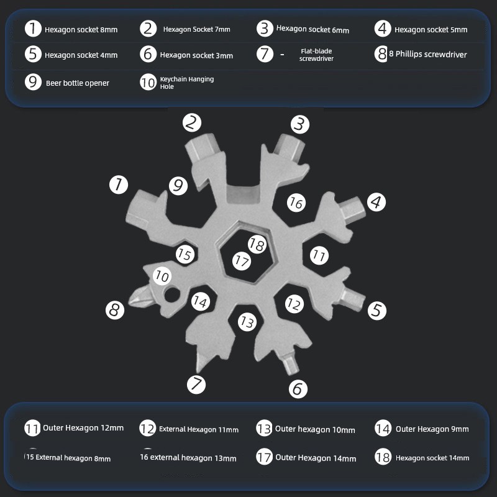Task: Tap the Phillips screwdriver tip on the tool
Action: (x=139, y=297)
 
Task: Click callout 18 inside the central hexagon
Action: (x=257, y=244)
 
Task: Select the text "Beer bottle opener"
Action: (x=77, y=83)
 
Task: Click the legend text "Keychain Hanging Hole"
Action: (x=187, y=83)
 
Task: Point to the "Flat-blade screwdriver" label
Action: (x=316, y=55)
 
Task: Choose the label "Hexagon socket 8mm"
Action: (x=81, y=29)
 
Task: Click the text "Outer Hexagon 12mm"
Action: (x=83, y=428)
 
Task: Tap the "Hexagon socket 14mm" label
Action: (x=432, y=458)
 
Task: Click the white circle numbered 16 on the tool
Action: (x=296, y=203)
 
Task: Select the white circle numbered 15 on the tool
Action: (x=185, y=254)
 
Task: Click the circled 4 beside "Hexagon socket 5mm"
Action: (x=383, y=29)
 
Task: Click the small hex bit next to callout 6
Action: (x=290, y=363)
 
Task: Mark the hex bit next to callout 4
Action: (x=352, y=210)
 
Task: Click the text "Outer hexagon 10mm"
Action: (x=315, y=429)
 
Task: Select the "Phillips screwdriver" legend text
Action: (x=431, y=54)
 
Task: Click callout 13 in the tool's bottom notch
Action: (x=247, y=322)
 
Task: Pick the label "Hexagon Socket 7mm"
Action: (x=196, y=29)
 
